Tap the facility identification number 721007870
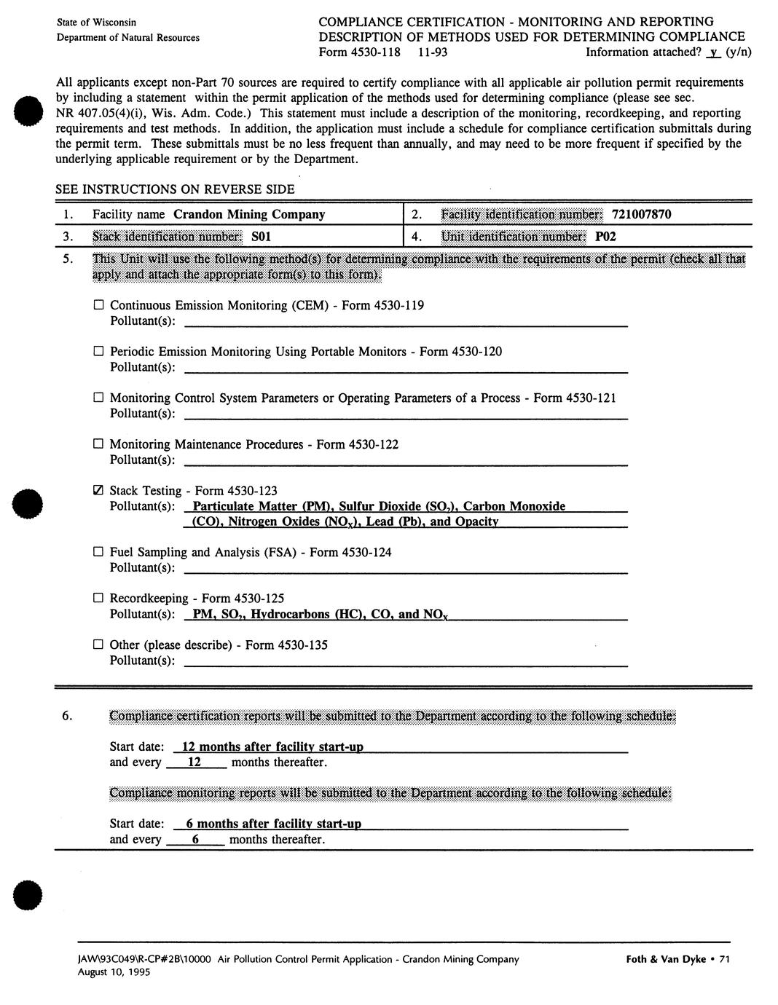tap(641, 214)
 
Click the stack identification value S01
tap(261, 237)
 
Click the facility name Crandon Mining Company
tap(249, 214)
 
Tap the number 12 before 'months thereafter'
tap(194, 762)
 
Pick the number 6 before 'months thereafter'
tap(195, 839)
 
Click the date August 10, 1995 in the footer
tap(114, 972)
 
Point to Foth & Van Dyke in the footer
tap(666, 959)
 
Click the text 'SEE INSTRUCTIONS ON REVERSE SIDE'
tap(175, 189)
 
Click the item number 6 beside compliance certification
tap(66, 716)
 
